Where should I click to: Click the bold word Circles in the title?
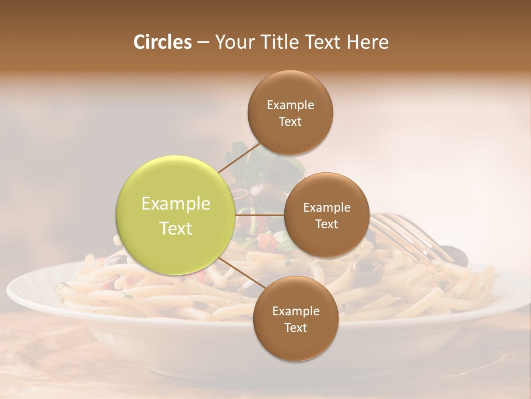[162, 42]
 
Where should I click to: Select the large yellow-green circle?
[176, 216]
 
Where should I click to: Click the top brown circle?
[290, 112]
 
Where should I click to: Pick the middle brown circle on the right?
[327, 215]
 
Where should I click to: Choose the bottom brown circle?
[295, 319]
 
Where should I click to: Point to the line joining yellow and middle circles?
[260, 215]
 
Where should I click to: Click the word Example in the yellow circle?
[176, 204]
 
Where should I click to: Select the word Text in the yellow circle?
[176, 228]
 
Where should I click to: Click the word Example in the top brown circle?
[290, 105]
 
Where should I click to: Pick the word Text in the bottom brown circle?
[295, 328]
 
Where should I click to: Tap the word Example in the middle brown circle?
[327, 207]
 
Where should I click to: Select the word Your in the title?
[232, 42]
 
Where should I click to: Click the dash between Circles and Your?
[202, 43]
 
